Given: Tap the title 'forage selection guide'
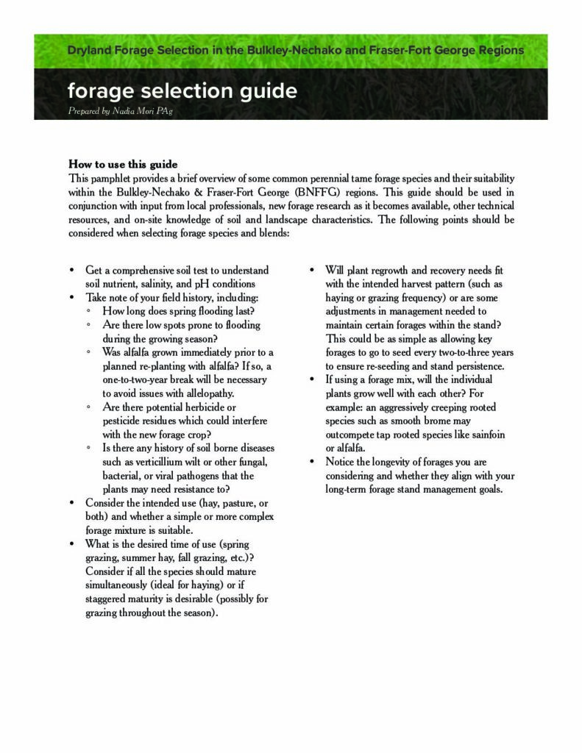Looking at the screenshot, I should tap(182, 91).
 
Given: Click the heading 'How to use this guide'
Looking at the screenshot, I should tap(123, 164).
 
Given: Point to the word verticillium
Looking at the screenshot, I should tap(163, 462).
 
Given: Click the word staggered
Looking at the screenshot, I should tap(107, 599).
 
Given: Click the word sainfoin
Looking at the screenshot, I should tap(486, 435).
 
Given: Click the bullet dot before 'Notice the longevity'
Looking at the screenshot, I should tap(311, 462).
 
